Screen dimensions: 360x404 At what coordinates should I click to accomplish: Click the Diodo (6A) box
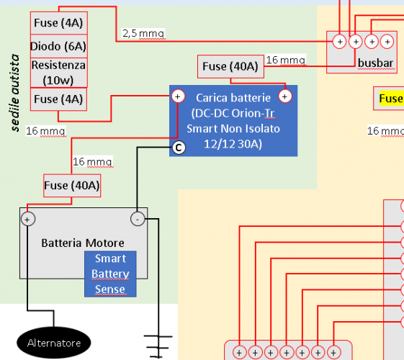(58, 47)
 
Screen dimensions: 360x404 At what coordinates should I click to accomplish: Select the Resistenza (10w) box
(58, 72)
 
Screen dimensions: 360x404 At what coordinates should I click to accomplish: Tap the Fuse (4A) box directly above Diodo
(58, 23)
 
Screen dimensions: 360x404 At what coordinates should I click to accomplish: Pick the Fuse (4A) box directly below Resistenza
(58, 99)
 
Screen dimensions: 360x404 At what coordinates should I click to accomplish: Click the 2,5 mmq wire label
(143, 33)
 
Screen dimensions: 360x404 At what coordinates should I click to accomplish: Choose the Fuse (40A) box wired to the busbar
(230, 66)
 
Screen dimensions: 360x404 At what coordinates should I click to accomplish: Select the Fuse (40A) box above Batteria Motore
(72, 185)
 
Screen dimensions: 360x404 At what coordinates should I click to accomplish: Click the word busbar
(375, 63)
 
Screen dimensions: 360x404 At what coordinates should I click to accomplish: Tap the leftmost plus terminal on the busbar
(339, 41)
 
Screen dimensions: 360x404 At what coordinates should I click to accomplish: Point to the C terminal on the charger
(179, 148)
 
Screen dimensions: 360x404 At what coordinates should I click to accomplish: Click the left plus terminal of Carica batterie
(179, 96)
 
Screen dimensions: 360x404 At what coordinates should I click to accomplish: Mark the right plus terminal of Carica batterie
(285, 96)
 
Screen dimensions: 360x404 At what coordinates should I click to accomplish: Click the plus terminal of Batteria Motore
(27, 219)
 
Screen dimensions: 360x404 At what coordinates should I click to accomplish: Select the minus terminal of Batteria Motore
(137, 219)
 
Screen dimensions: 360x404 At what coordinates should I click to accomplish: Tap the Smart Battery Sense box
(110, 274)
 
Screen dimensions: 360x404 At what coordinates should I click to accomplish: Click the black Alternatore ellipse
(54, 343)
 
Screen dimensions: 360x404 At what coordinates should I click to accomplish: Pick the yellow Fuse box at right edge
(389, 99)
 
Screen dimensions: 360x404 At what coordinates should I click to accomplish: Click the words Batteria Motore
(83, 243)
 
